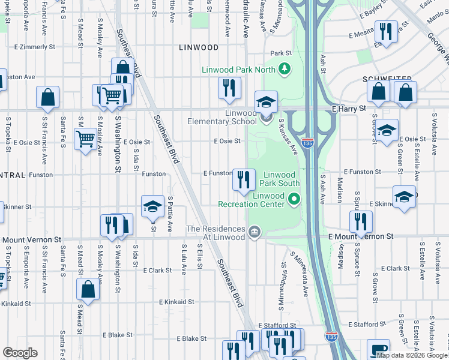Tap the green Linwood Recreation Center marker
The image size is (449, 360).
pos(294,199)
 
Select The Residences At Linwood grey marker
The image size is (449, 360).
pos(254,232)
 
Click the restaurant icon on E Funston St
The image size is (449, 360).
pos(243,179)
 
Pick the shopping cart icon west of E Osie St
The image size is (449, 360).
pos(85,139)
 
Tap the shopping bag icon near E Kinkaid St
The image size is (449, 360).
pos(88,289)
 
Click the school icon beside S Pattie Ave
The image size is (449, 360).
pos(152,207)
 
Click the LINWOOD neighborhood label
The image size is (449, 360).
pos(198,47)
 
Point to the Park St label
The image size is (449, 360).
pos(280,53)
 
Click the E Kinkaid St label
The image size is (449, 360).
pos(177,302)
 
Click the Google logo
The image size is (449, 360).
pos(20,352)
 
